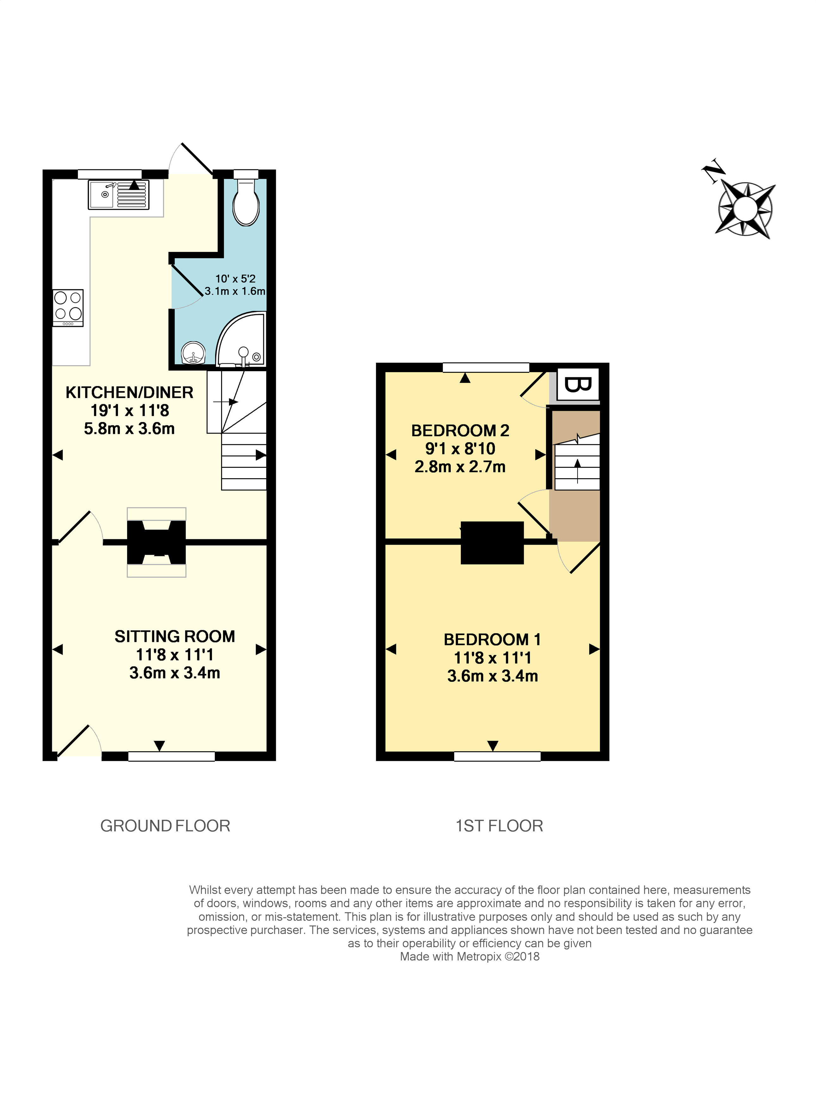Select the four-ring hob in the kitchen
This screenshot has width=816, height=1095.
click(68, 307)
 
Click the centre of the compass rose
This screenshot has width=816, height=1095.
click(745, 209)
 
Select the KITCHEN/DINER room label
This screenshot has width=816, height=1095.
click(129, 392)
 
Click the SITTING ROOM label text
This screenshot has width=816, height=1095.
click(175, 636)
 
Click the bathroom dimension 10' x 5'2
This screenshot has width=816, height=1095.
click(235, 279)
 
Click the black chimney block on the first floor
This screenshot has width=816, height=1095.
click(492, 542)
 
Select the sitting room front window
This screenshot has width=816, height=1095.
click(171, 756)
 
